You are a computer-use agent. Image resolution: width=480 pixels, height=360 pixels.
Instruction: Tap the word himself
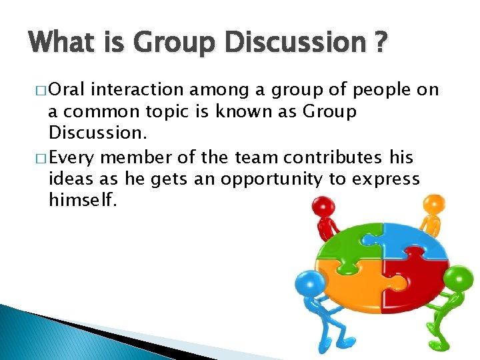(x=83, y=200)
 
